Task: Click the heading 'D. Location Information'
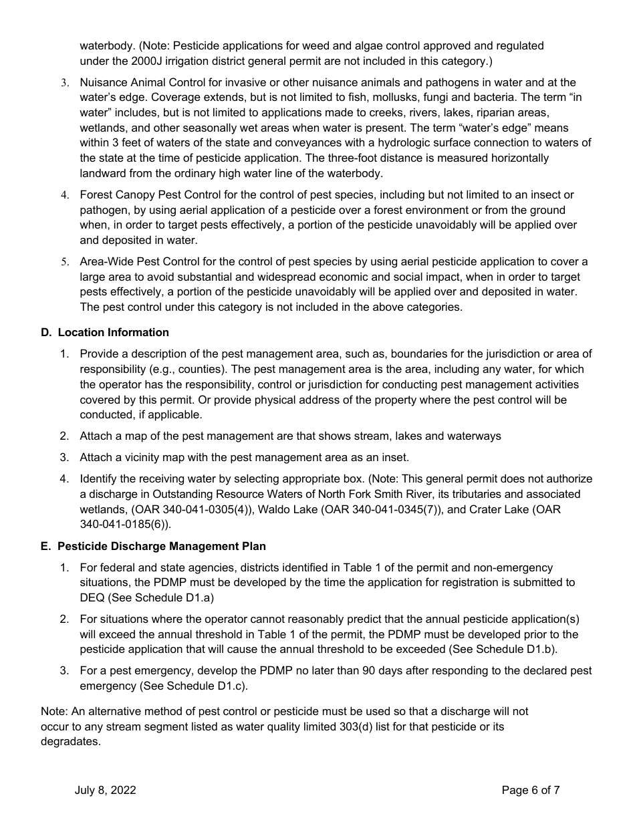pyautogui.click(x=105, y=332)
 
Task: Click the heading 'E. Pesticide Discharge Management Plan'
pyautogui.click(x=152, y=546)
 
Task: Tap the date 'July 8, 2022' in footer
pyautogui.click(x=105, y=790)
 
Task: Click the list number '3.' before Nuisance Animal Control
pyautogui.click(x=65, y=83)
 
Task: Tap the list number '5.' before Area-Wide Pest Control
pyautogui.click(x=65, y=262)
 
